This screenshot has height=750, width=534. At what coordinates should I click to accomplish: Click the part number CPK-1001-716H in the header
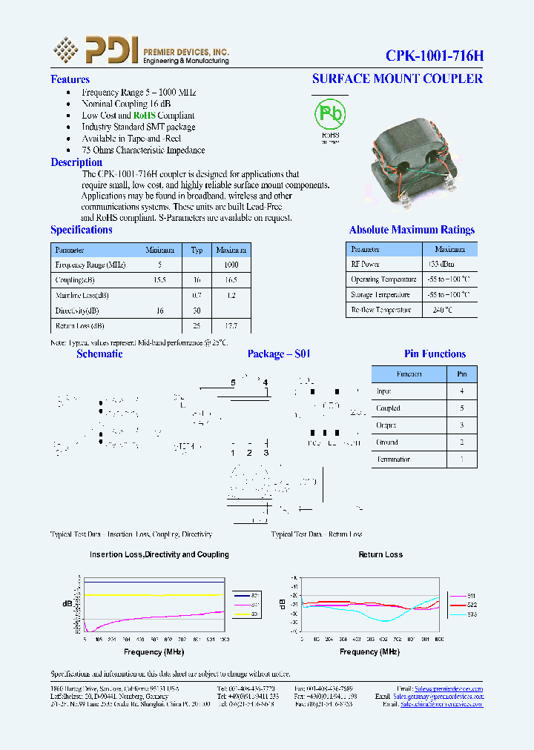pyautogui.click(x=434, y=56)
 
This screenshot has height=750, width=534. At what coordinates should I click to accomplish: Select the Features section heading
pyautogui.click(x=70, y=79)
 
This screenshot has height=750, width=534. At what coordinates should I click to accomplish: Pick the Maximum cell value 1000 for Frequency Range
pyautogui.click(x=231, y=265)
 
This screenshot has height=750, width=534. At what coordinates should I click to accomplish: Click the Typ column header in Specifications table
pyautogui.click(x=197, y=250)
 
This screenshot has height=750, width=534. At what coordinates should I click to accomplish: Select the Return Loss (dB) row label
pyautogui.click(x=80, y=325)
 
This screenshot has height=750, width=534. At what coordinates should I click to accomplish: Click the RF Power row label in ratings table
pyautogui.click(x=365, y=264)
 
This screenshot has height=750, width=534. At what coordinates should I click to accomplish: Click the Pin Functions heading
pyautogui.click(x=435, y=354)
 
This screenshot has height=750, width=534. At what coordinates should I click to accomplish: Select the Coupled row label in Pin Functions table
pyautogui.click(x=388, y=408)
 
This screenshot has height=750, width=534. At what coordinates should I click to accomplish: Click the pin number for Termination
pyautogui.click(x=462, y=459)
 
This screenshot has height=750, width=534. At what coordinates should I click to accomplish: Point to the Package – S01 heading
pyautogui.click(x=279, y=354)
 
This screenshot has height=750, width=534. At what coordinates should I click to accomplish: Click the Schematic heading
pyautogui.click(x=99, y=354)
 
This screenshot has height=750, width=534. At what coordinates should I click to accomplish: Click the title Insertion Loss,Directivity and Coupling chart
pyautogui.click(x=159, y=554)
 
